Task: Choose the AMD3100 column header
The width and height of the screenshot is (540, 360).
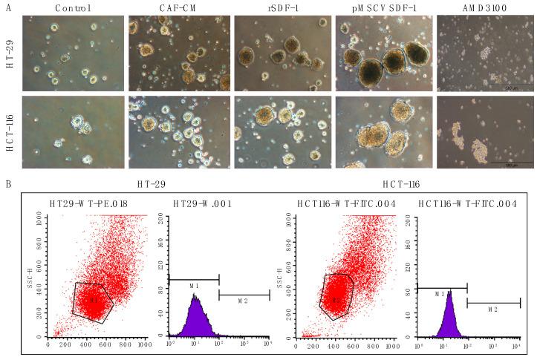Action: (x=484, y=8)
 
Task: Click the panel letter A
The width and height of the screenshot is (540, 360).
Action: (x=7, y=8)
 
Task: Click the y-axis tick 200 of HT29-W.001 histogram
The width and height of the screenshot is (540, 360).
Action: (x=163, y=217)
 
